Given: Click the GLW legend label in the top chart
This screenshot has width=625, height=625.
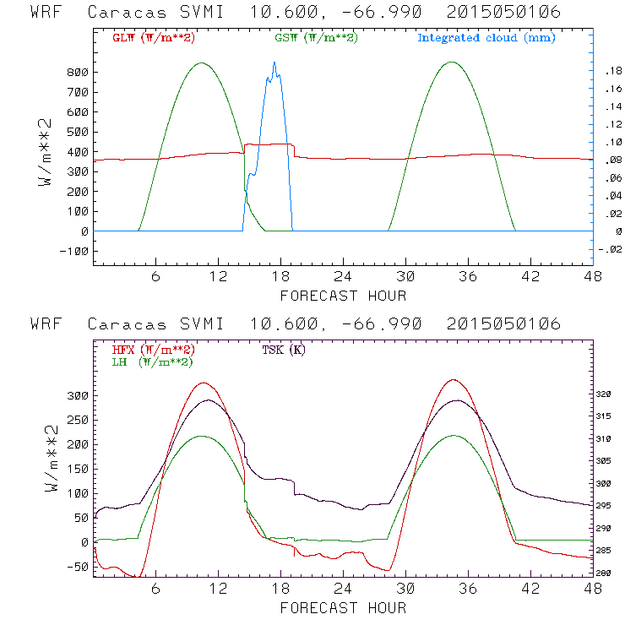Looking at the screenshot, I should (149, 38).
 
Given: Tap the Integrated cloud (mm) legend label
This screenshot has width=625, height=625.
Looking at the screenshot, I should (486, 38).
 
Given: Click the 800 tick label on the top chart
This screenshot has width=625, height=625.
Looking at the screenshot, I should (77, 73).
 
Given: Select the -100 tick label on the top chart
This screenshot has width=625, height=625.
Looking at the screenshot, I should (73, 251).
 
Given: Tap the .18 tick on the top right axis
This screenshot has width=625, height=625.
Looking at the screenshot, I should (609, 73).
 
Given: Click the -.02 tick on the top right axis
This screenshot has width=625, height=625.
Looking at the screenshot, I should (607, 248).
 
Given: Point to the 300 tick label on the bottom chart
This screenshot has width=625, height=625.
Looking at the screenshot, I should (77, 395).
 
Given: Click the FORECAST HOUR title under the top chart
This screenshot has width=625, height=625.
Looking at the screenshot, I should (343, 296).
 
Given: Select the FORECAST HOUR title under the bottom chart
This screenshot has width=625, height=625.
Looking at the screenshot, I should (343, 607).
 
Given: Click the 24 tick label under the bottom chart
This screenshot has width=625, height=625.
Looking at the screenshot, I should (343, 588).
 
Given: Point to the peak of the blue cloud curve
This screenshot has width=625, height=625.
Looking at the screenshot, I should (274, 62).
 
